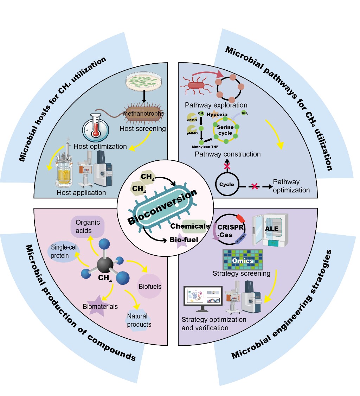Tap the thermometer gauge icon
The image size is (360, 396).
click(x=95, y=128)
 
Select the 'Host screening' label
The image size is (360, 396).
click(x=143, y=128)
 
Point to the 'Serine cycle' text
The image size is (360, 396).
click(x=225, y=130)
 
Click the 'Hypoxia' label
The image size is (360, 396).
click(x=217, y=115)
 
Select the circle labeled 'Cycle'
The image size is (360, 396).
click(x=227, y=184)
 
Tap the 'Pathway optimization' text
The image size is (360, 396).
click(x=291, y=186)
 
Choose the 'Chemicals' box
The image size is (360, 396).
click(x=190, y=226)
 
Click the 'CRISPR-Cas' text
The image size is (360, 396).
click(x=231, y=231)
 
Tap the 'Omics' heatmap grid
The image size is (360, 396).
click(x=243, y=260)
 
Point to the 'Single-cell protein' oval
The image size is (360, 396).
click(x=64, y=251)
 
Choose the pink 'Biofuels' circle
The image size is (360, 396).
click(x=150, y=286)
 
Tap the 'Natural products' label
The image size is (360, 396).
click(x=137, y=320)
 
